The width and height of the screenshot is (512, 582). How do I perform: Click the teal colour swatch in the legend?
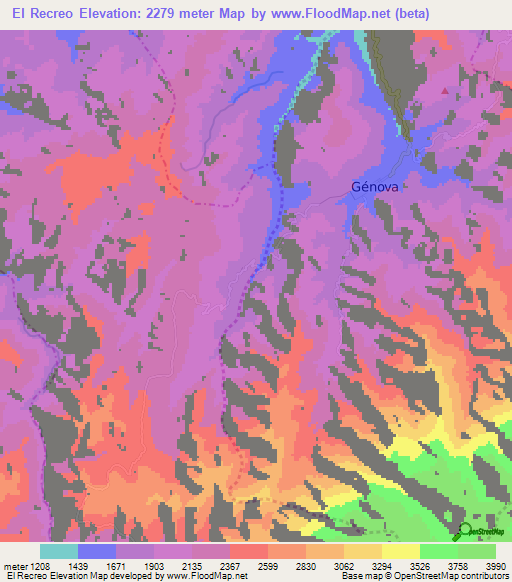pyautogui.click(x=59, y=551)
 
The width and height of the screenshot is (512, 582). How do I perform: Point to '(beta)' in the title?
pyautogui.click(x=471, y=14)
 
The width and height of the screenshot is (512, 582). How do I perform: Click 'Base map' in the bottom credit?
pyautogui.click(x=360, y=576)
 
